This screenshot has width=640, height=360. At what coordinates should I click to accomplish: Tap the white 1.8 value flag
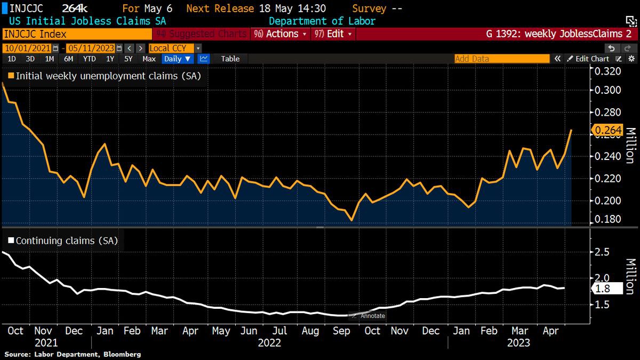(607, 289)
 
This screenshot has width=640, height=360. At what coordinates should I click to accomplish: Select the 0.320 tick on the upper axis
(607, 71)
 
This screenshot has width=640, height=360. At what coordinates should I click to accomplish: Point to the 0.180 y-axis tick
(607, 219)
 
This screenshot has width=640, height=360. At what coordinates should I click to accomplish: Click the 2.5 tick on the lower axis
(602, 251)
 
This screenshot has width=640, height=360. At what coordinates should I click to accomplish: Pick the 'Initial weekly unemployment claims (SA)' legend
(105, 76)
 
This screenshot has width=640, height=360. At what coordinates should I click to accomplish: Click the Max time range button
(149, 59)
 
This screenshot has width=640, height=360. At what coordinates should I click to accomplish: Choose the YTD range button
(90, 59)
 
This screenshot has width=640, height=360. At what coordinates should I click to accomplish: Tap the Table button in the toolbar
(230, 59)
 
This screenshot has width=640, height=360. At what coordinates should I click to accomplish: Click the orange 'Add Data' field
(501, 59)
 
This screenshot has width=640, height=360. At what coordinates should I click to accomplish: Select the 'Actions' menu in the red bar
(285, 34)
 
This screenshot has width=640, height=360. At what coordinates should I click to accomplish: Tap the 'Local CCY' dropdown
(175, 48)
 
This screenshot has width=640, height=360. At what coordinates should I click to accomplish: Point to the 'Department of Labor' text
(322, 21)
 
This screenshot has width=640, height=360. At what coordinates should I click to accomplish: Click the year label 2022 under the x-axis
(269, 343)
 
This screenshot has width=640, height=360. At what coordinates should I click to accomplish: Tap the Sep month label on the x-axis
(341, 331)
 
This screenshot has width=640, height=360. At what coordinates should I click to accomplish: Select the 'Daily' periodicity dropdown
(178, 59)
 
